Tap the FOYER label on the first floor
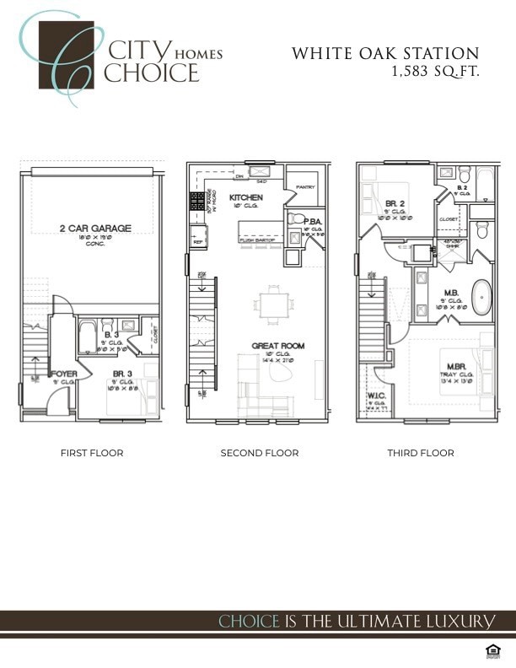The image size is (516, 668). pyautogui.click(x=66, y=373)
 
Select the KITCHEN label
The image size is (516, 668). pyautogui.click(x=246, y=197)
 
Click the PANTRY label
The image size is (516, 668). pyautogui.click(x=304, y=188)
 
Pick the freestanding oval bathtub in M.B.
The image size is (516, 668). pyautogui.click(x=481, y=297)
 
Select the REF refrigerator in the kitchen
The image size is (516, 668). pyautogui.click(x=197, y=241)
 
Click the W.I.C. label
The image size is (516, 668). pyautogui.click(x=376, y=396)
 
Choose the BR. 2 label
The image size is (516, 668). pyautogui.click(x=395, y=204)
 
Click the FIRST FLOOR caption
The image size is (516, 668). pyautogui.click(x=92, y=453)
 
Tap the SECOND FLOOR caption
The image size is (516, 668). pyautogui.click(x=260, y=453)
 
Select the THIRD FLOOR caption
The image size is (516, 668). pyautogui.click(x=421, y=453)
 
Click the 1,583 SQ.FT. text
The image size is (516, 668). pyautogui.click(x=435, y=72)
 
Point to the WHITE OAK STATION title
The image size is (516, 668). pyautogui.click(x=385, y=53)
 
